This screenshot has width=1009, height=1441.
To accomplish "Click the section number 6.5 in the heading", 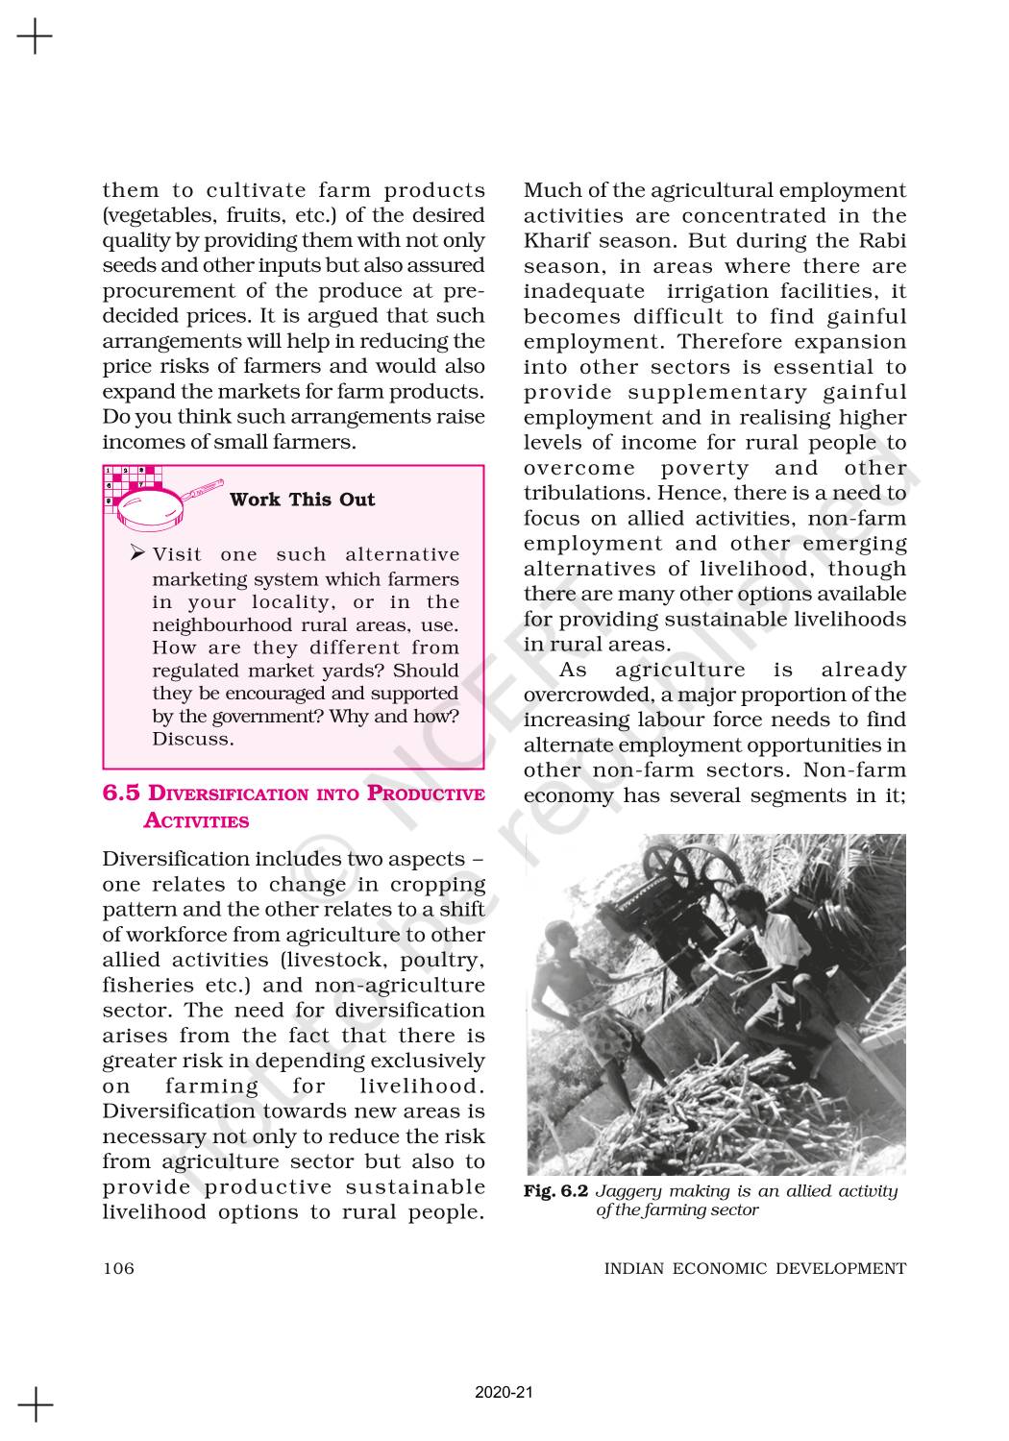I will pyautogui.click(x=121, y=794).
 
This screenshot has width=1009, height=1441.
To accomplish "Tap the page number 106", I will pyautogui.click(x=118, y=1268).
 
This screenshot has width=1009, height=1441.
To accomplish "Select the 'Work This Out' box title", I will pyautogui.click(x=302, y=500).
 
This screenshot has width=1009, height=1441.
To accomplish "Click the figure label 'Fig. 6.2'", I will pyautogui.click(x=555, y=1191).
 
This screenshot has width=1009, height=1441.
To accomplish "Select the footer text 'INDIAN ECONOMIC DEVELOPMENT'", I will pyautogui.click(x=754, y=1268).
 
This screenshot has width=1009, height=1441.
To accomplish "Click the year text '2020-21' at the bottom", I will pyautogui.click(x=504, y=1393).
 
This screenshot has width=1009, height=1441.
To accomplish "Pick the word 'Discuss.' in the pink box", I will pyautogui.click(x=192, y=739).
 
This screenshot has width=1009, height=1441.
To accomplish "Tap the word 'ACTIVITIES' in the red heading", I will pyautogui.click(x=196, y=821).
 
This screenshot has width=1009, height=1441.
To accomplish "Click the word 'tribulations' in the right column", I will pyautogui.click(x=586, y=493).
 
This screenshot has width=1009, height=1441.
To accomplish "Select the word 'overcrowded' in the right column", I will pyautogui.click(x=587, y=695).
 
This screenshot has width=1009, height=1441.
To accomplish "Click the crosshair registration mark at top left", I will pyautogui.click(x=36, y=37).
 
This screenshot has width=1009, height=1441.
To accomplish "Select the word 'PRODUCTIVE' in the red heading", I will pyautogui.click(x=427, y=794).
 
